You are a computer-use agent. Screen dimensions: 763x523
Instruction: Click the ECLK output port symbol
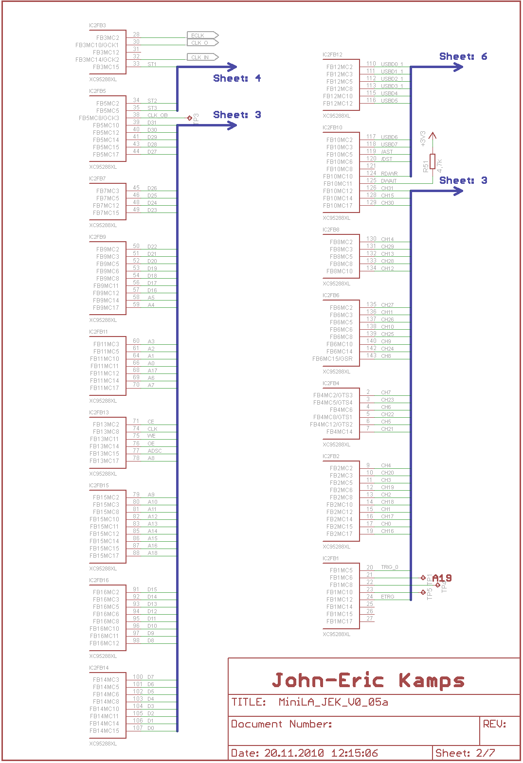pyautogui.click(x=202, y=35)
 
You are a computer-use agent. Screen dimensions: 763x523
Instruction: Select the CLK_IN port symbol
pyautogui.click(x=202, y=57)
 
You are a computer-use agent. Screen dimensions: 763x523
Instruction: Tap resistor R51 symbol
pyautogui.click(x=433, y=161)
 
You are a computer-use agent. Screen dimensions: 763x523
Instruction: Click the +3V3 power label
pyautogui.click(x=423, y=139)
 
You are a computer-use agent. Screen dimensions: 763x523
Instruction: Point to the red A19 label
pyautogui.click(x=442, y=578)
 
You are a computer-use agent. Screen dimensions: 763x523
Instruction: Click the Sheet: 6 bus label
pyautogui.click(x=463, y=56)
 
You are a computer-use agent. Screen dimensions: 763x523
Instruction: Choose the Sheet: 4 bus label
pyautogui.click(x=237, y=78)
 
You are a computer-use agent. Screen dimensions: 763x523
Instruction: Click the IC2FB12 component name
pyautogui.click(x=332, y=54)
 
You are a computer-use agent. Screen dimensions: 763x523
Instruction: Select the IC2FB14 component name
pyautogui.click(x=99, y=668)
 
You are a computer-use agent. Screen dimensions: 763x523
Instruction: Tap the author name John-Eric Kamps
pyautogui.click(x=368, y=680)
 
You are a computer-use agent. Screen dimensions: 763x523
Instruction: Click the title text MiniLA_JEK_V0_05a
pyautogui.click(x=333, y=702)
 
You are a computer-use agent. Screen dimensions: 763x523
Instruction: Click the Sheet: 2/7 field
pyautogui.click(x=465, y=753)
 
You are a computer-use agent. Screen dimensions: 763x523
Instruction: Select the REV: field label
pyautogui.click(x=494, y=724)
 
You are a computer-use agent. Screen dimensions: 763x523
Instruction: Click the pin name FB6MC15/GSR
pyautogui.click(x=332, y=359)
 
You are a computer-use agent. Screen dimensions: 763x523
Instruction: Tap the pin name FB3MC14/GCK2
pyautogui.click(x=97, y=60)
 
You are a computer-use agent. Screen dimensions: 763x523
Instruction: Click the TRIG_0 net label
pyautogui.click(x=389, y=567)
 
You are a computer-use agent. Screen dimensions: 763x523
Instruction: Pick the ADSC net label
pyautogui.click(x=155, y=451)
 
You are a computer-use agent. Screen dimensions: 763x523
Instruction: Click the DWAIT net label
pyautogui.click(x=389, y=181)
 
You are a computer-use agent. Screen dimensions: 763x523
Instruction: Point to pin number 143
pyautogui.click(x=371, y=355)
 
